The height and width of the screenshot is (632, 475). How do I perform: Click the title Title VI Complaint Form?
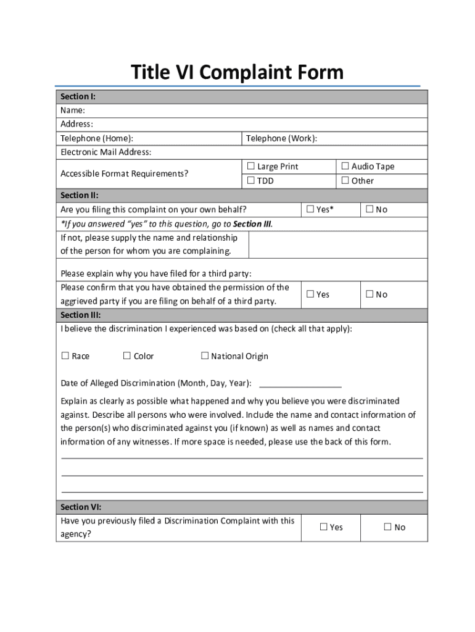(237, 73)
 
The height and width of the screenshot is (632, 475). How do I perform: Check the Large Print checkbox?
(251, 167)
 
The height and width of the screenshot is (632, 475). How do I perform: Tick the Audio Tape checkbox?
(345, 166)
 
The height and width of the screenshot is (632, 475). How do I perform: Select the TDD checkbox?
(251, 181)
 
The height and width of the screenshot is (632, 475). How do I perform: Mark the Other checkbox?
(345, 181)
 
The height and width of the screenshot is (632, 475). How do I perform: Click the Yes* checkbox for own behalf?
(310, 209)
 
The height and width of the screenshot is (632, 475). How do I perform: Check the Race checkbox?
(65, 356)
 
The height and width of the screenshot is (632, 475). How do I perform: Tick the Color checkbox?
(127, 356)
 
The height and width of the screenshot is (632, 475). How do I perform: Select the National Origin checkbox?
(205, 356)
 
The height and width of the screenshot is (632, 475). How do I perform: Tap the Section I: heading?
(78, 97)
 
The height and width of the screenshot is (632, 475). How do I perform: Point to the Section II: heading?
(79, 195)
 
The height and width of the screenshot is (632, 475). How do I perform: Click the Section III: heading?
(80, 315)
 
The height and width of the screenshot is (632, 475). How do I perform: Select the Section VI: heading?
(80, 507)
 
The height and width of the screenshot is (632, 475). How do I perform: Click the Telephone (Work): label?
(282, 138)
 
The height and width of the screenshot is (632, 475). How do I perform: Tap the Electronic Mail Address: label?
(105, 152)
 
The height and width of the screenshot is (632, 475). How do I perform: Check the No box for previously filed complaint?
(388, 527)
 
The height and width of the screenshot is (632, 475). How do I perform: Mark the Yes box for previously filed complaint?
(324, 527)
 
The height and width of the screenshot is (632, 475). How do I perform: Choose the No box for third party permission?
(370, 294)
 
